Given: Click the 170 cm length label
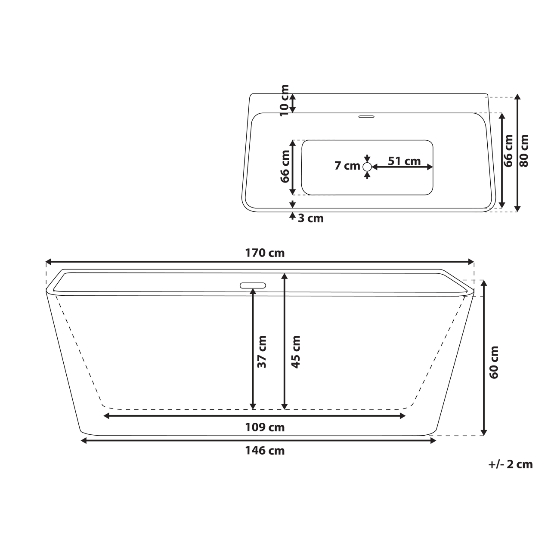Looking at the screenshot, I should tap(265, 253).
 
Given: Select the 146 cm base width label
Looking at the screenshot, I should tap(265, 451).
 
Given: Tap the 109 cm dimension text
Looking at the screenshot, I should tap(265, 427).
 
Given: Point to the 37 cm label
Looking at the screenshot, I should tap(261, 352).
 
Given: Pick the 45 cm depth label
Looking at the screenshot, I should tap(295, 352).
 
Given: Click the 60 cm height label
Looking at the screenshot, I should tap(494, 362).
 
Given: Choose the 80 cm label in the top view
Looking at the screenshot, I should tap(524, 151).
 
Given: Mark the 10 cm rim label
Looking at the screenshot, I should tap(284, 101).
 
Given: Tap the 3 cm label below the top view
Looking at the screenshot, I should tap(310, 218).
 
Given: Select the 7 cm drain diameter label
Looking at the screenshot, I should tap(347, 166).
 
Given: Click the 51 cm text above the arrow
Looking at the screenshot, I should tap(404, 161).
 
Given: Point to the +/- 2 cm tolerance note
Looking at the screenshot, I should tap(511, 464).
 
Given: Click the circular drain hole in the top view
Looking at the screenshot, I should tap(367, 167).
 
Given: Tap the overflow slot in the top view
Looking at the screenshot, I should tap(367, 116).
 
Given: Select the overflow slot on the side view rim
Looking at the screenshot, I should tap(253, 285).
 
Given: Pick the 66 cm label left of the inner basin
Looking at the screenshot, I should tap(285, 166).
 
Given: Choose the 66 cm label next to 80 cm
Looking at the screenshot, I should tap(509, 151).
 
